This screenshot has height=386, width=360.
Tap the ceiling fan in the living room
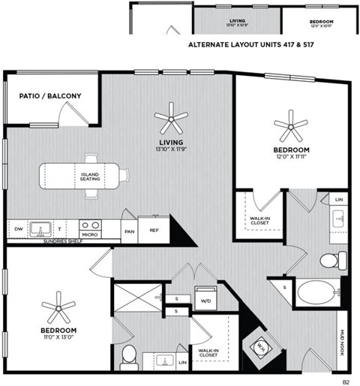point(171,117)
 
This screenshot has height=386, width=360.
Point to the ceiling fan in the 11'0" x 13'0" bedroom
point(58,307)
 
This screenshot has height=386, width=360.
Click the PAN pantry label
point(129,231)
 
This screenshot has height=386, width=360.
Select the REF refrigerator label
point(154,231)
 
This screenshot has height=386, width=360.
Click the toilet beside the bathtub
point(331,260)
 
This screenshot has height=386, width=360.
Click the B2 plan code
point(346,381)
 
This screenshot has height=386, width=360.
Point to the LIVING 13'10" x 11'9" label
point(171,145)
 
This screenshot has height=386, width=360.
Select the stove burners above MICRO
point(91,224)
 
